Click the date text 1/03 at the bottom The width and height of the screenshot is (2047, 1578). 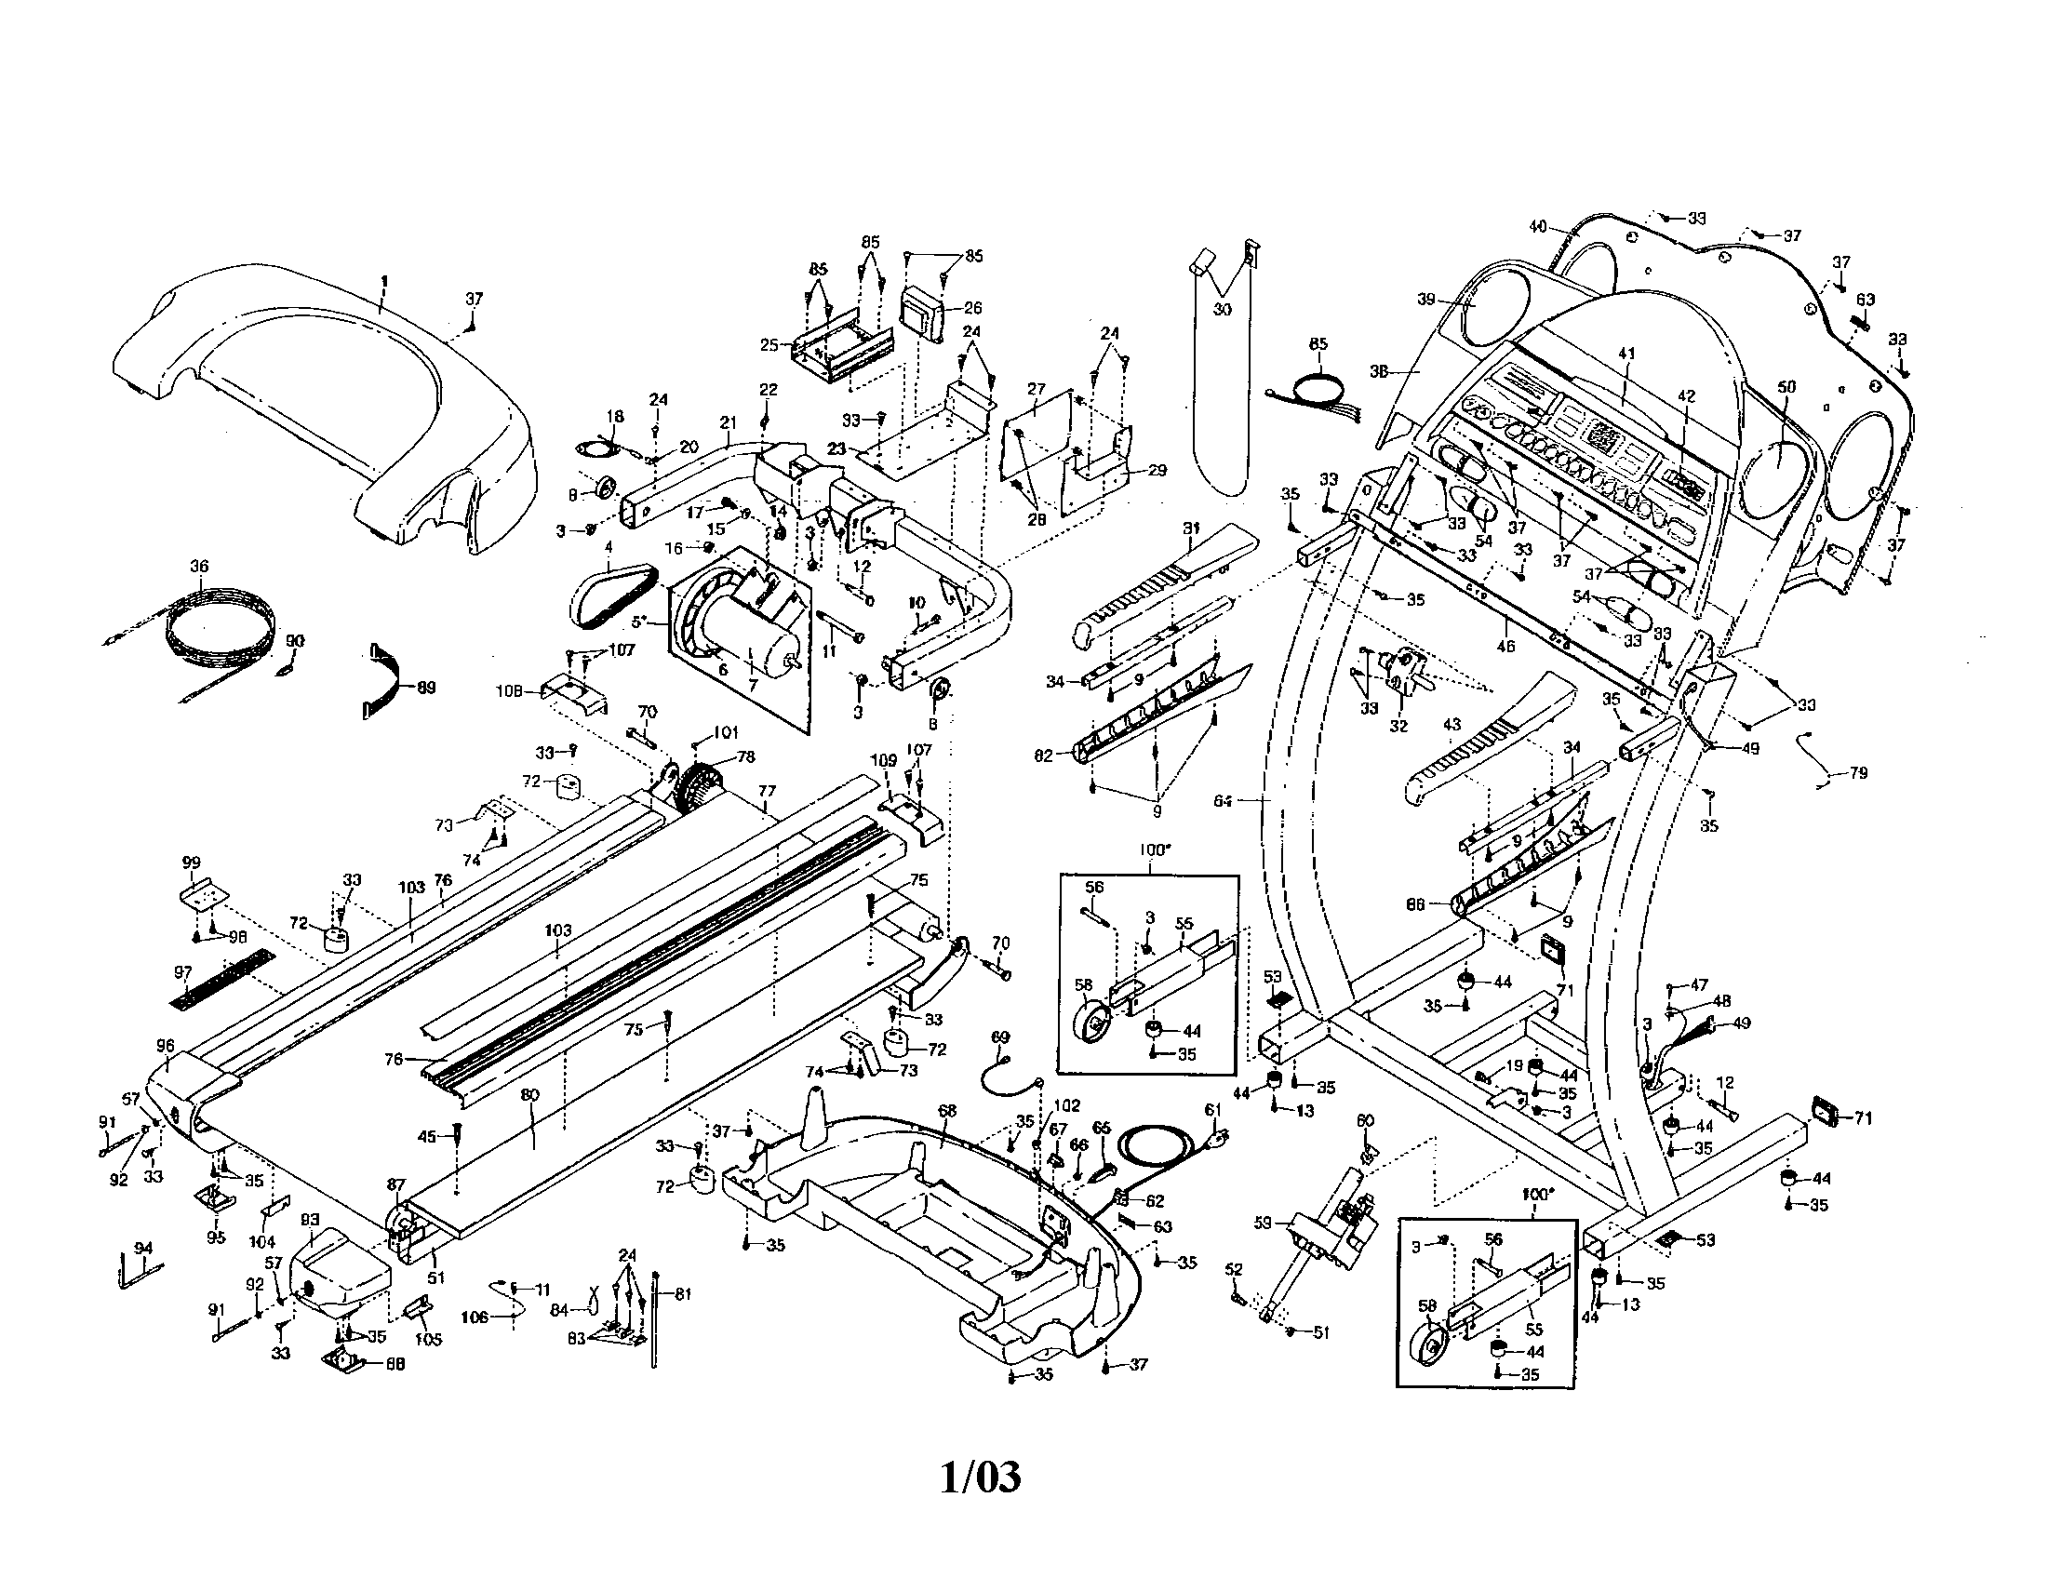[981, 1478]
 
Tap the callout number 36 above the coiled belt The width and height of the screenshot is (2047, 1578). [199, 566]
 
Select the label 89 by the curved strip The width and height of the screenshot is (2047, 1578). [426, 688]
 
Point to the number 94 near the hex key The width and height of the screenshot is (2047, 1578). [143, 1247]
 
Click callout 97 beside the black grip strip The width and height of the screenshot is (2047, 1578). [183, 972]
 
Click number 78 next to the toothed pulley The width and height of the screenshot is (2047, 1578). [745, 756]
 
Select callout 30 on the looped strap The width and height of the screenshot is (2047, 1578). [1223, 309]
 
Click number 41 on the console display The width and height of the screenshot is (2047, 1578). [1626, 354]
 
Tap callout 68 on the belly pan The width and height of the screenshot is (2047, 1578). [947, 1110]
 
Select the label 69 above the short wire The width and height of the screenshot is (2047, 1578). [1001, 1036]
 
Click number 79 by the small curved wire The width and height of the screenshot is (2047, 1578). [1859, 773]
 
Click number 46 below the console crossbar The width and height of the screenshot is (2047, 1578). [1505, 647]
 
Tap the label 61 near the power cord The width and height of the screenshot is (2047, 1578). [1212, 1110]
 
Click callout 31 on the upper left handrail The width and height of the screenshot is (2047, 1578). [1191, 528]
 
